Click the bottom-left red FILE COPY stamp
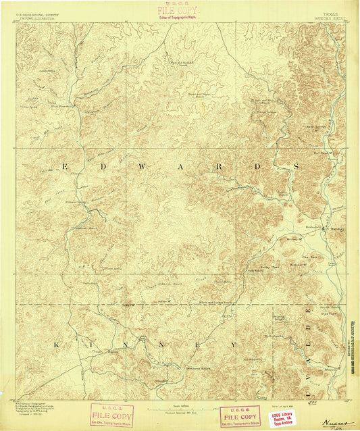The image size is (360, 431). tap(111, 414)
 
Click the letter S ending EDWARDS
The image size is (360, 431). tap(277, 166)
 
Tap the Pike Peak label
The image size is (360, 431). tap(309, 256)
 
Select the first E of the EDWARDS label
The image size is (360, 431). tap(65, 166)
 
